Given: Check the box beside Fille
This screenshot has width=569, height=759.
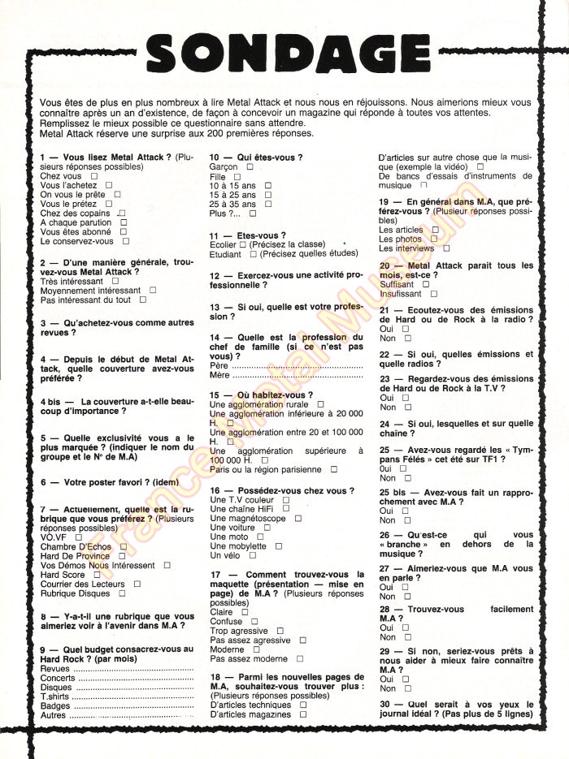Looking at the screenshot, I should [x=237, y=175].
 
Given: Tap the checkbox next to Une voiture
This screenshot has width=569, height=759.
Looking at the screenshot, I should [x=262, y=528].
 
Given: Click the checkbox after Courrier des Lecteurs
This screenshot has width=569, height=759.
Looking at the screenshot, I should [x=137, y=584].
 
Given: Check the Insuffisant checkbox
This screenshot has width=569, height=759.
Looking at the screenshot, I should [x=434, y=295].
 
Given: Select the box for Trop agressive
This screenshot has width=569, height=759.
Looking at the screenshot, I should [x=280, y=631].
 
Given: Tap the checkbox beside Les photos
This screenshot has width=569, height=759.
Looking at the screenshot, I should [x=433, y=239].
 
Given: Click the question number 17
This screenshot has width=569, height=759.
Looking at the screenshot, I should [x=215, y=575].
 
